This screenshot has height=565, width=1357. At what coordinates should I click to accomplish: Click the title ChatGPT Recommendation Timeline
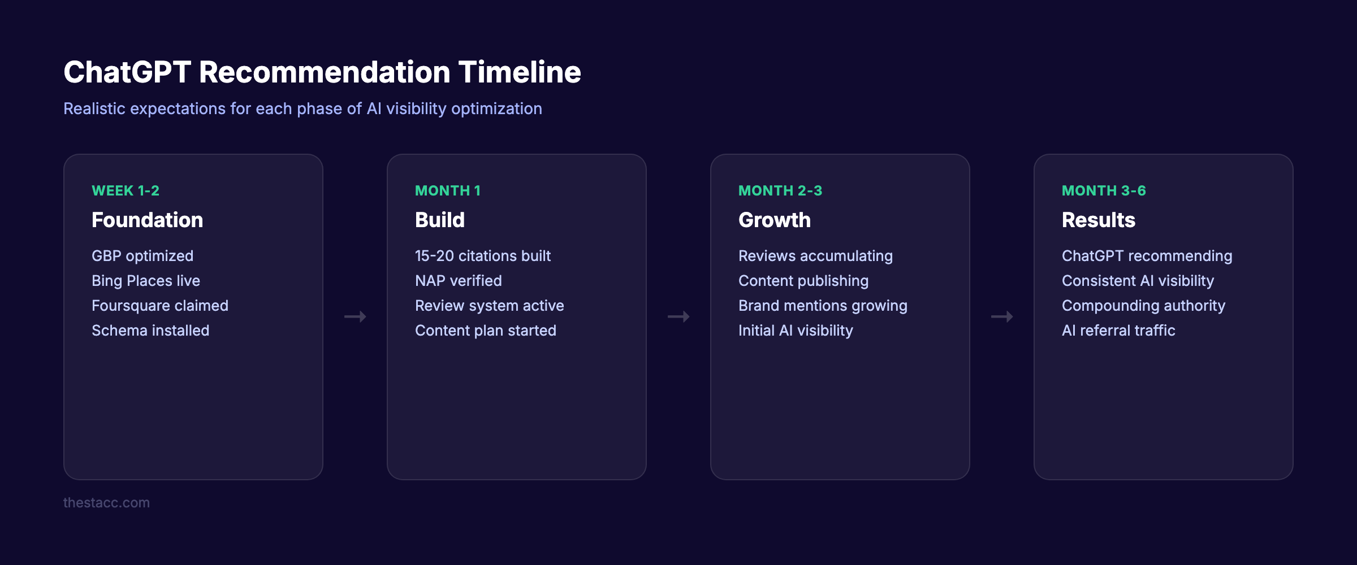point(322,72)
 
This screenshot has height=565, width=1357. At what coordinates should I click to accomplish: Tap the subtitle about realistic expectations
point(302,108)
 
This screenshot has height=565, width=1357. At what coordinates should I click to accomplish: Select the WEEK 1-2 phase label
point(126,191)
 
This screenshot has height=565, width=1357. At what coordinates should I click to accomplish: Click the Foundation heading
point(147,220)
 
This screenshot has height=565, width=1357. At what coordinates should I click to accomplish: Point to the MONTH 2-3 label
point(780,191)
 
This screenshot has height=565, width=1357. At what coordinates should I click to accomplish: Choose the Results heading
point(1098,220)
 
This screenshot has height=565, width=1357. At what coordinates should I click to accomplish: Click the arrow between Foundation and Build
point(355,317)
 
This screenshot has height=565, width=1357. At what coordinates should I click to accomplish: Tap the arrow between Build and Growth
point(678,317)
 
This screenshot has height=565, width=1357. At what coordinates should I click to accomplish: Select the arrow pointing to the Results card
point(1002,317)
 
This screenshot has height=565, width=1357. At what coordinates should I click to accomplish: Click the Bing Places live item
point(146,281)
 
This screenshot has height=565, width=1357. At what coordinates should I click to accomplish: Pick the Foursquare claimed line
point(160,306)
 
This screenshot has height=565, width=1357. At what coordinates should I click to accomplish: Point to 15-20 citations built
point(482,256)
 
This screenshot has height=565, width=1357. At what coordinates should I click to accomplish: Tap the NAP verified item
point(458,281)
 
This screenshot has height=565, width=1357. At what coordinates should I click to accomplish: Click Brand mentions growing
point(823,306)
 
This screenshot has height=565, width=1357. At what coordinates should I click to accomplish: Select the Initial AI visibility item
point(796,331)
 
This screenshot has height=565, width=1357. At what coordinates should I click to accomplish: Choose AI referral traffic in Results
point(1118,331)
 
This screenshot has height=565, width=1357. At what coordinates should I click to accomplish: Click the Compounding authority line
point(1143,306)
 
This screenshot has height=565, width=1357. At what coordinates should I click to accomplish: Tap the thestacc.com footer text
point(106,503)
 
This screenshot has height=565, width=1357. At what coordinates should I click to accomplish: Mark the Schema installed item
point(150,331)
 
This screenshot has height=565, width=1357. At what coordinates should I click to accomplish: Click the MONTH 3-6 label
point(1104,191)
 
